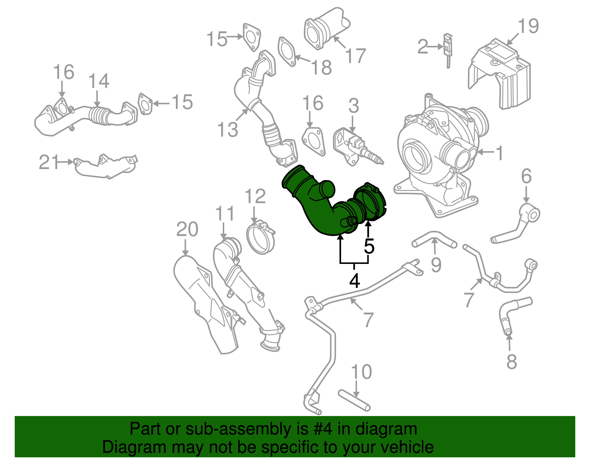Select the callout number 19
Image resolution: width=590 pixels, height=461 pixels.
[528, 26]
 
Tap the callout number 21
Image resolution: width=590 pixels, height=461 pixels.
[49, 162]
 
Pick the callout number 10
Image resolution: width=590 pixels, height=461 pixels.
[361, 372]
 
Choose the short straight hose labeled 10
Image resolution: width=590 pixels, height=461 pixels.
[354, 400]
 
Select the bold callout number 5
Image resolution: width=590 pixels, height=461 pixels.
[369, 246]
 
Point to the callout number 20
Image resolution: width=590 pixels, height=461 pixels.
[187, 229]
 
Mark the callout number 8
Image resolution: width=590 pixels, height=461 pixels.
[511, 362]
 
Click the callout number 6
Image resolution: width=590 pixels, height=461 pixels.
[526, 176]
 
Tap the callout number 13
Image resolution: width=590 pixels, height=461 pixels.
[228, 129]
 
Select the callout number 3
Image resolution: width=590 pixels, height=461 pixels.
[354, 106]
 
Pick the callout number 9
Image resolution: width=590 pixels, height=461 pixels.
[436, 265]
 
